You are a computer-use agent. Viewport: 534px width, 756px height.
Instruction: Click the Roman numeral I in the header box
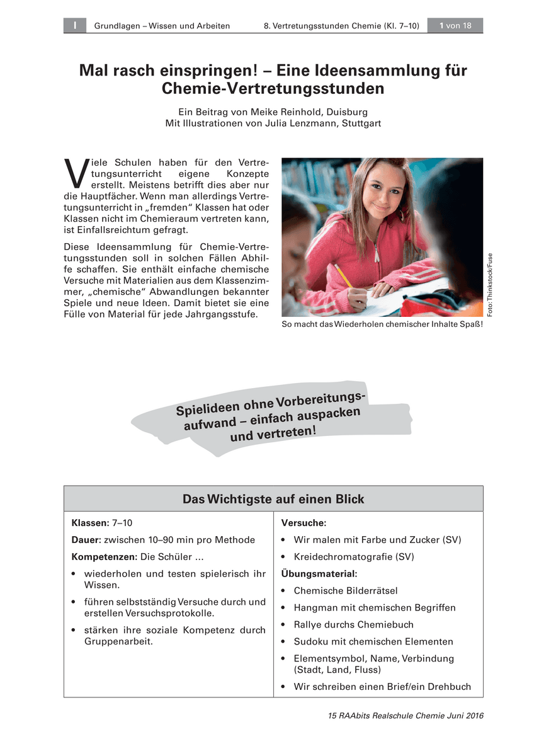(x=74, y=26)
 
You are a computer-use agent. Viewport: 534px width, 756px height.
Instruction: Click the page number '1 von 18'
(x=455, y=26)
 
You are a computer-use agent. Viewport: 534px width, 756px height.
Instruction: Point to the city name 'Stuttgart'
(x=361, y=123)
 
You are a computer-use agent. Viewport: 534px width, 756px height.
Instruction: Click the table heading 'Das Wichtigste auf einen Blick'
(x=273, y=499)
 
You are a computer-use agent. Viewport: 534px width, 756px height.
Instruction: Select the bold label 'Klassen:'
(x=91, y=523)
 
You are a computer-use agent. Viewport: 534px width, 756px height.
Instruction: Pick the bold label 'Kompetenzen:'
(x=105, y=557)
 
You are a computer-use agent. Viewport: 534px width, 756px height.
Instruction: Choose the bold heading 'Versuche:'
(x=304, y=523)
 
